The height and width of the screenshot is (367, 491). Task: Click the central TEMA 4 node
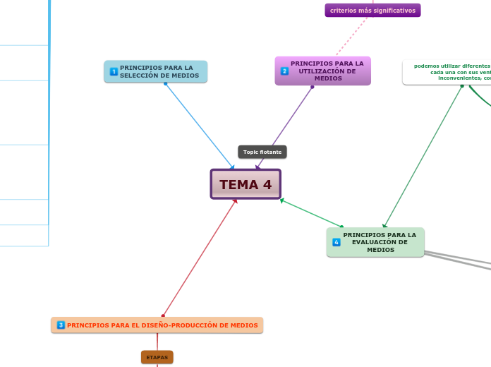[245, 184]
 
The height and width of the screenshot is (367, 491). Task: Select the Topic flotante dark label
[262, 152]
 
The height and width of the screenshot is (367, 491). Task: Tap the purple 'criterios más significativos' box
[372, 11]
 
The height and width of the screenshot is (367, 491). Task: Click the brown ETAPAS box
[157, 357]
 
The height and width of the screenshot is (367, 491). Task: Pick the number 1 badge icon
[114, 71]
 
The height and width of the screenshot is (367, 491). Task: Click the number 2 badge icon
[284, 71]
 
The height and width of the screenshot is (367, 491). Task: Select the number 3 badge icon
[61, 325]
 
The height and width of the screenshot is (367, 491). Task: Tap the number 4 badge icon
[337, 242]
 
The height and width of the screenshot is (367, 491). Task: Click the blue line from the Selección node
[199, 126]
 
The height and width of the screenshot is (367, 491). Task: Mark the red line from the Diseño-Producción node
[199, 258]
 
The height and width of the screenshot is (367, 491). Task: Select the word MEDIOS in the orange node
[243, 325]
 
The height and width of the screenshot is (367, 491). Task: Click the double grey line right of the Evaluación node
[459, 260]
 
